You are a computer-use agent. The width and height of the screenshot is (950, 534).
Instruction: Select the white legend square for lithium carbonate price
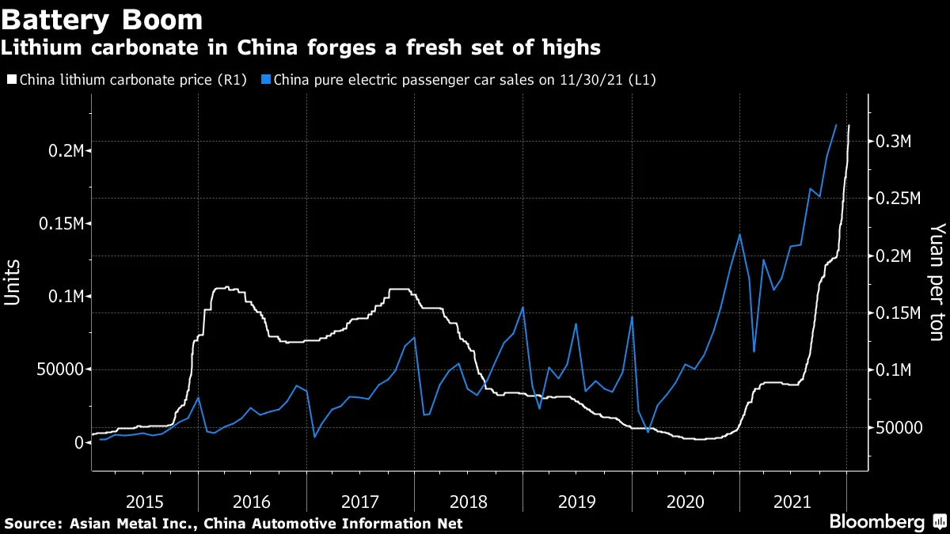10,79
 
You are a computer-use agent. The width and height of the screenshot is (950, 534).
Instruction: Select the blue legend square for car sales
266,79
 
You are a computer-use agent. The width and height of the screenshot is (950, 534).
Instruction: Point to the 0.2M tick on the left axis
64,150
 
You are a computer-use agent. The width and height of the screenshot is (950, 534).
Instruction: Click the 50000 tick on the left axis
59,369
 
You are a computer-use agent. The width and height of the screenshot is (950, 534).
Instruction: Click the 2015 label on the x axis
144,501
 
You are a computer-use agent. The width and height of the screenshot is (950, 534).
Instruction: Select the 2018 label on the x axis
469,501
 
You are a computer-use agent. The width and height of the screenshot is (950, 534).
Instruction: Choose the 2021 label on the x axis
792,501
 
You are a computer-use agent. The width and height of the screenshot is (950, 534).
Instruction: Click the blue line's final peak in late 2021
836,125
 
